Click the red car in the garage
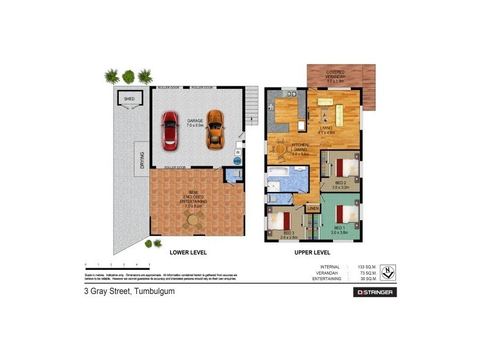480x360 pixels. [170, 131]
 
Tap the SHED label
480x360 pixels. [129, 98]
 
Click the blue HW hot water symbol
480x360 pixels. [238, 161]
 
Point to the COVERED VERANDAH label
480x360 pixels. [335, 75]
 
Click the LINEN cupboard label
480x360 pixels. [313, 208]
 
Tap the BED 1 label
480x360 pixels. [338, 229]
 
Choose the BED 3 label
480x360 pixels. [289, 234]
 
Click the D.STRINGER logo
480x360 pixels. [374, 292]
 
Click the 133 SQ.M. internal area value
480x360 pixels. [367, 266]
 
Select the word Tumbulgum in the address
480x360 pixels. [154, 292]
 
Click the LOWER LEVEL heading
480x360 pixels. [189, 252]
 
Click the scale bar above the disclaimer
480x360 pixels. [117, 266]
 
